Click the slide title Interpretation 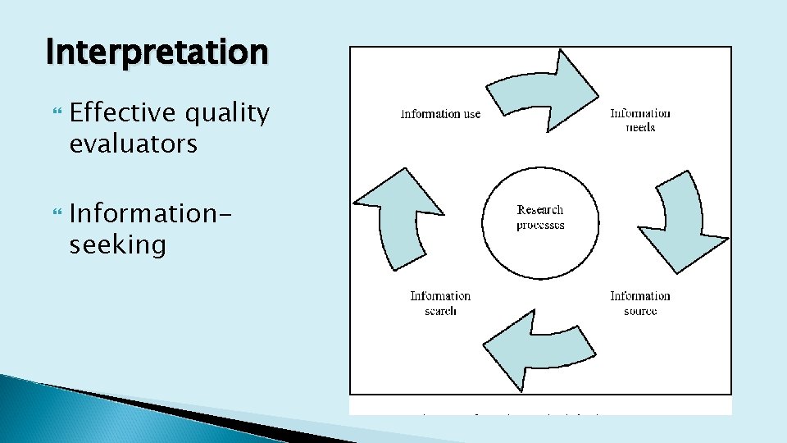(157, 53)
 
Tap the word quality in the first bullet (229, 113)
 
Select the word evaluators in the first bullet (133, 144)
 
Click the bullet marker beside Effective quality (57, 114)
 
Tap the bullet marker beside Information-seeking (57, 214)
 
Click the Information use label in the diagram (440, 114)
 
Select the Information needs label (640, 120)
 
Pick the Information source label (640, 303)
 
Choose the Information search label (440, 303)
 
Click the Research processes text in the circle (540, 217)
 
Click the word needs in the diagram (640, 128)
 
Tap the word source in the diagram (640, 312)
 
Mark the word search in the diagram (440, 312)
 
